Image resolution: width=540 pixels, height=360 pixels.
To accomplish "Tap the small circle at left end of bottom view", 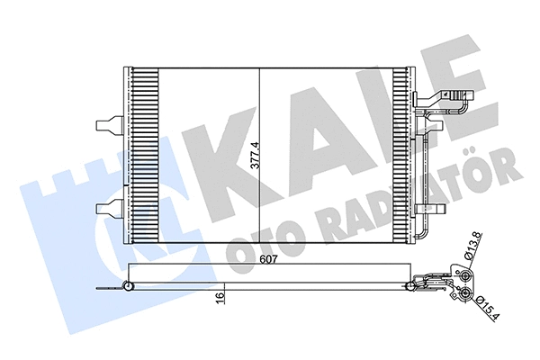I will click(x=128, y=287).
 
